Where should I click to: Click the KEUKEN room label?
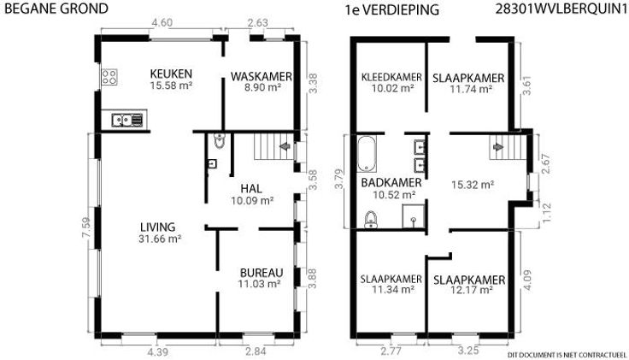[x=171, y=74]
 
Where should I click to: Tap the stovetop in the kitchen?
[x=109, y=77]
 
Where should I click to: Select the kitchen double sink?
[x=126, y=120]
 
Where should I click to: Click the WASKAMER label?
[x=262, y=76]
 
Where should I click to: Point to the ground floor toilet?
[x=219, y=141]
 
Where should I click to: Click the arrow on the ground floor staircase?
[x=285, y=146]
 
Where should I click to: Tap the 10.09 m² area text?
[x=252, y=200]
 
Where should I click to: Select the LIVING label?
[x=157, y=227]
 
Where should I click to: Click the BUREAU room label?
[x=262, y=273]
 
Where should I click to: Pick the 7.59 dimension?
[x=86, y=227]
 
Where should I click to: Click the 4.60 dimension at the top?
[x=162, y=22]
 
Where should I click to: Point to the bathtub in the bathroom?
[x=367, y=154]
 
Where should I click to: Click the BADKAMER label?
[x=391, y=183]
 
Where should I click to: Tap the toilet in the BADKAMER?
[x=371, y=220]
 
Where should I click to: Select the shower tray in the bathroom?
[x=413, y=216]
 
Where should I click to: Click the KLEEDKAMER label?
[x=391, y=77]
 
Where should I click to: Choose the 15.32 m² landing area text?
[x=472, y=185]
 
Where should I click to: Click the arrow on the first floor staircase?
[x=498, y=147]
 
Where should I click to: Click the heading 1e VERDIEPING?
[x=392, y=9]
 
